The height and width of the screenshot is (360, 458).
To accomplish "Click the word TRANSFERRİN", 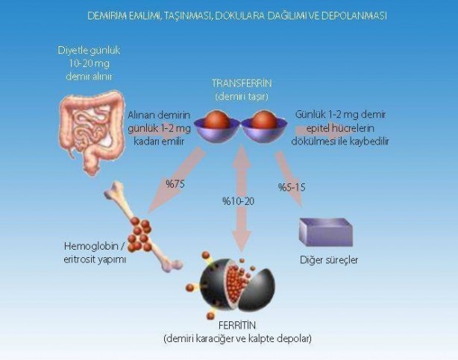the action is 242,83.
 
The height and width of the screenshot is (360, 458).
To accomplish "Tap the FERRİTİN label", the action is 237,325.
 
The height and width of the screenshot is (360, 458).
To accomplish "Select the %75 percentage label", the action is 175,184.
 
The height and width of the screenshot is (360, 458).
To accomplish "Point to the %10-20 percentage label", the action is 239,201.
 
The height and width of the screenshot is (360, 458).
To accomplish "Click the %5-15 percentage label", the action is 292,187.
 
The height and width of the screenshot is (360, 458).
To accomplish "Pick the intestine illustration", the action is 92,132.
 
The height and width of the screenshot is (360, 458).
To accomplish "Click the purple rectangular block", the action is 326,232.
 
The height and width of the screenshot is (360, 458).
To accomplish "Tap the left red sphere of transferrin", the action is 216,120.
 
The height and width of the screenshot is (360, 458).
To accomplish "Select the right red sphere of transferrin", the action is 264,120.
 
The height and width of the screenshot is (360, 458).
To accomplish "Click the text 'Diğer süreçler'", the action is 329,260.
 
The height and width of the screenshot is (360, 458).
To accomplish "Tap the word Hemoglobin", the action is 91,246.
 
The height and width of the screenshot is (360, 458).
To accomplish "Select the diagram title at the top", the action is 237,16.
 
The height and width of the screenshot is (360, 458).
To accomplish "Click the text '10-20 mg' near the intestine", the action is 89,63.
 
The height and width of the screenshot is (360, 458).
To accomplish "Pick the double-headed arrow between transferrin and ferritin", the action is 241,198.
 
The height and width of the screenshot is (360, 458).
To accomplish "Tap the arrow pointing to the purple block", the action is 289,180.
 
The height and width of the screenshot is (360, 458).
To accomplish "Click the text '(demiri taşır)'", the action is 242,96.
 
